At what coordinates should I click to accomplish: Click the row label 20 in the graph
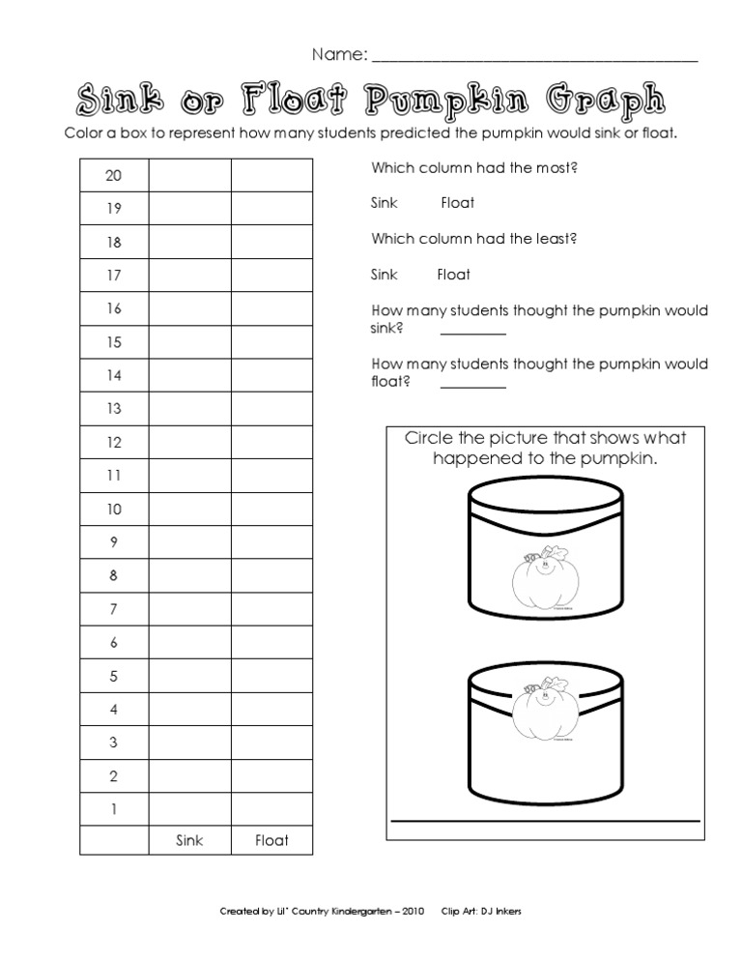(114, 175)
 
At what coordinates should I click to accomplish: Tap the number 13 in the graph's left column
(114, 408)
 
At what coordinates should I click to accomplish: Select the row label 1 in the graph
(114, 809)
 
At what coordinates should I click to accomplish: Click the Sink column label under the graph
(189, 840)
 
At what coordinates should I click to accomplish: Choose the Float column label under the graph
(271, 840)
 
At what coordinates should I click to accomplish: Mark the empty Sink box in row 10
(189, 509)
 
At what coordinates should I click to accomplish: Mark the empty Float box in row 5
(271, 676)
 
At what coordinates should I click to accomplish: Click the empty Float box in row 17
(271, 275)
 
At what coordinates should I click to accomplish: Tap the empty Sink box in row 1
(189, 809)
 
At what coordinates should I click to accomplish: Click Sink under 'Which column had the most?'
(385, 203)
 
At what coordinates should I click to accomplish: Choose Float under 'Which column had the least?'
(454, 275)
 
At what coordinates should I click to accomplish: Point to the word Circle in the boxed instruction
(428, 438)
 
